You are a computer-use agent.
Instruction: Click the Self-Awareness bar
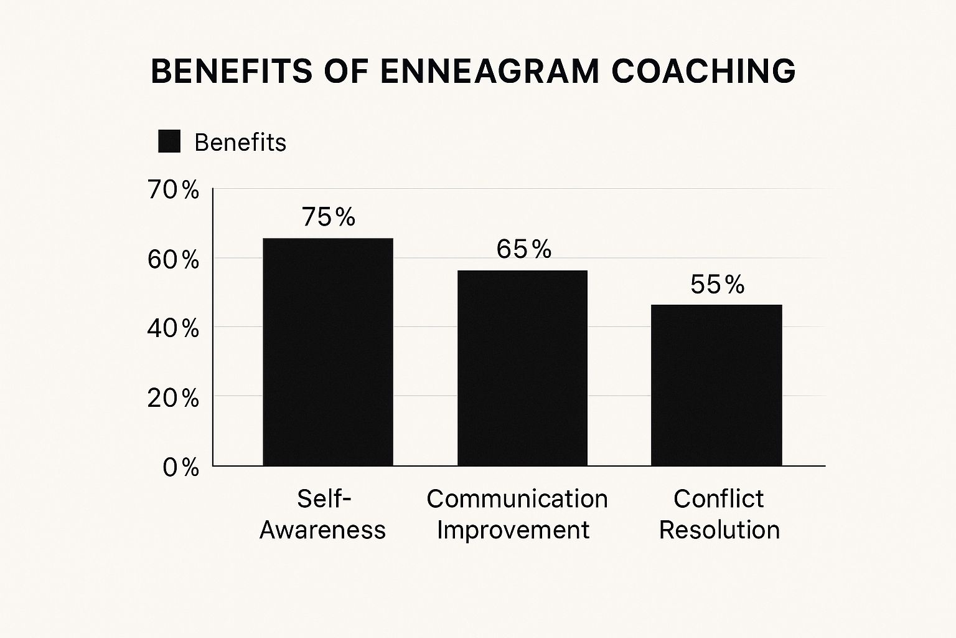coord(328,352)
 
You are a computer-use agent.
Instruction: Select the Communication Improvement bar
coord(522,368)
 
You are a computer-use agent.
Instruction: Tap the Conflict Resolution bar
coord(716,385)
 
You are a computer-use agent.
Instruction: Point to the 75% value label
coord(329,217)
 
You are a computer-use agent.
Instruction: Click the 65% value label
coord(523,249)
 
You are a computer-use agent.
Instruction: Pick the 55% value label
coord(717,285)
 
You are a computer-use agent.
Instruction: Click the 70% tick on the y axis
coord(173,190)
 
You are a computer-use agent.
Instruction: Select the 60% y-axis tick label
coord(173,260)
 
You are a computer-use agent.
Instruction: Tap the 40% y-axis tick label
coord(173,328)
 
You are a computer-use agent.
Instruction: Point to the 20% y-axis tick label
coord(173,398)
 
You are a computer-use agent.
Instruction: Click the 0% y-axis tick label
coord(180,467)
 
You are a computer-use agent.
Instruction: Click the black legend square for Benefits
coord(169,141)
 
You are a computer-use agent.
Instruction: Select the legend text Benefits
coord(240,143)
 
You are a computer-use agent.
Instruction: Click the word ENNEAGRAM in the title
coord(490,71)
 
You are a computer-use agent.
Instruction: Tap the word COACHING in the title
coord(703,71)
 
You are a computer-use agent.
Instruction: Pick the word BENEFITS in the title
coord(232,71)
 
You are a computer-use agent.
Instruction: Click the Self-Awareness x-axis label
coord(323,514)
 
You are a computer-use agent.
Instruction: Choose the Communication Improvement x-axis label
coord(517,514)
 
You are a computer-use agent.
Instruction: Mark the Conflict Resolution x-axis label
coord(719,514)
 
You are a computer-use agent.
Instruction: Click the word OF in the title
coord(345,71)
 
